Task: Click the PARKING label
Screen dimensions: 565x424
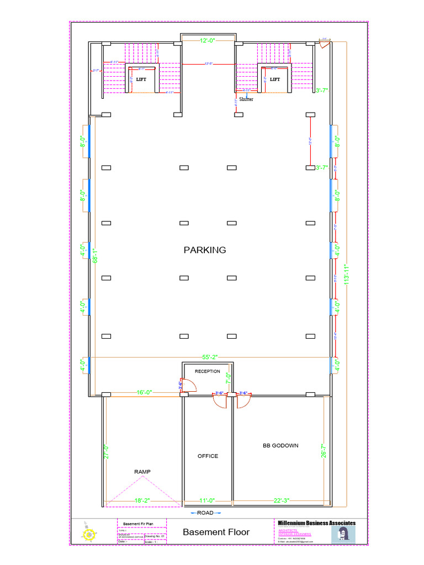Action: click(205, 250)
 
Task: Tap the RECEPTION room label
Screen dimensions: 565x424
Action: click(207, 371)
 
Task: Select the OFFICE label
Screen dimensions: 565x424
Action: click(208, 456)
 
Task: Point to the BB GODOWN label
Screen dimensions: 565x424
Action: click(280, 445)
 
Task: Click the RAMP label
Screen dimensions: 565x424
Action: click(142, 472)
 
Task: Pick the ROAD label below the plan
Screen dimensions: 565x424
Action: click(205, 513)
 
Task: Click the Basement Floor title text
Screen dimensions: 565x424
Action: click(216, 532)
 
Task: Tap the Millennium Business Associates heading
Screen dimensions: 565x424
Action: click(316, 523)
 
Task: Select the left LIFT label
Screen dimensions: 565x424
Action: click(141, 79)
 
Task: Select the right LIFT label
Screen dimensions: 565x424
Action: click(275, 79)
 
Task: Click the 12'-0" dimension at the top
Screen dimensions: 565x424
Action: click(208, 40)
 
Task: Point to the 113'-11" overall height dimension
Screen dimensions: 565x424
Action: click(346, 274)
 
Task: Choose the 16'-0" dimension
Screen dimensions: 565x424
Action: click(144, 392)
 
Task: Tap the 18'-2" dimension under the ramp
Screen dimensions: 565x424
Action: click(142, 501)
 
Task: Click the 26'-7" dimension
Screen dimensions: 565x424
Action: click(324, 451)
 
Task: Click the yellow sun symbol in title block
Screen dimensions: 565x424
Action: click(88, 534)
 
